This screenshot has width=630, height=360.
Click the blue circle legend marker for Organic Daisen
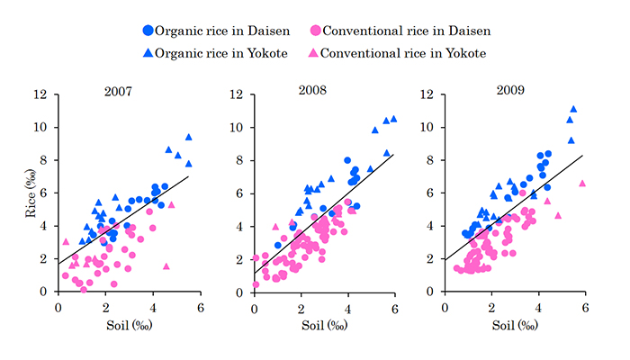[148, 31]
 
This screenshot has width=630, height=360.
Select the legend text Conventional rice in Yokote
[403, 53]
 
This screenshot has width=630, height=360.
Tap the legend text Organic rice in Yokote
[221, 53]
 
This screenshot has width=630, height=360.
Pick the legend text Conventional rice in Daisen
[407, 31]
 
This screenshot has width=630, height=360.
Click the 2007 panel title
[118, 92]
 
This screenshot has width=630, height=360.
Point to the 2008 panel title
[312, 90]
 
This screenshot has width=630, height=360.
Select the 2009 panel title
[510, 90]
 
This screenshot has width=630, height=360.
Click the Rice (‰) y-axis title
[31, 193]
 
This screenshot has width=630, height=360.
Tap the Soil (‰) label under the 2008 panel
[325, 325]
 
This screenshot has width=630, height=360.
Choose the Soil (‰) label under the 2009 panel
[515, 325]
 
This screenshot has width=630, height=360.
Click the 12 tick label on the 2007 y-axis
[40, 94]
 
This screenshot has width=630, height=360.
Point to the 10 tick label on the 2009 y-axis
[427, 128]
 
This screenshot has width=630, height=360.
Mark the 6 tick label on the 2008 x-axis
[395, 309]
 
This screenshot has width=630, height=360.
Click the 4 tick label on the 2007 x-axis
[153, 308]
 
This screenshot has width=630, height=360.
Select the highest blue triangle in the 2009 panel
[573, 109]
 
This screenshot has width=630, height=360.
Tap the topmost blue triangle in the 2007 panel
[188, 137]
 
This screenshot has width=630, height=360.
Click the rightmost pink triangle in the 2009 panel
[582, 184]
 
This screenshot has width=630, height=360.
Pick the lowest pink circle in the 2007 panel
[84, 290]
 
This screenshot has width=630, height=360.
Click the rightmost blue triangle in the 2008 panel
[394, 119]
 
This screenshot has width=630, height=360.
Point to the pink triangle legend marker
[313, 52]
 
